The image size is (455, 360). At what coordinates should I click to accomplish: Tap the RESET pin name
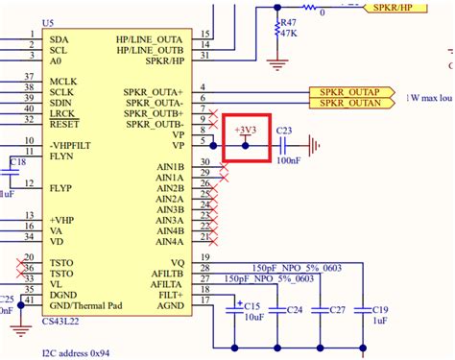(x=64, y=124)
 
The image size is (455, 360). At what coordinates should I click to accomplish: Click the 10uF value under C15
(x=252, y=317)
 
